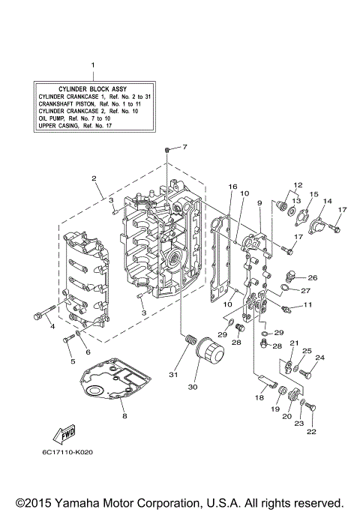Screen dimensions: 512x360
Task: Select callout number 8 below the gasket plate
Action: pos(124,415)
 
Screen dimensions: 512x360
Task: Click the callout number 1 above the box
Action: pos(93,64)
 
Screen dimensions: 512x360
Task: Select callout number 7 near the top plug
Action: pos(184,146)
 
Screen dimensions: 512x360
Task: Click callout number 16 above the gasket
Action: pos(232,187)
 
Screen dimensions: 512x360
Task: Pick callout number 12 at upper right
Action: pos(297,184)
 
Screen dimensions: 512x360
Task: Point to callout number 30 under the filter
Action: pos(193,388)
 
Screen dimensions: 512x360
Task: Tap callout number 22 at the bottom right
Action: pos(311,432)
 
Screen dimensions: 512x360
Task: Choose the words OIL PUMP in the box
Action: pos(52,118)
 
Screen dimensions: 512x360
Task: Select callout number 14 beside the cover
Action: pos(327,202)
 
